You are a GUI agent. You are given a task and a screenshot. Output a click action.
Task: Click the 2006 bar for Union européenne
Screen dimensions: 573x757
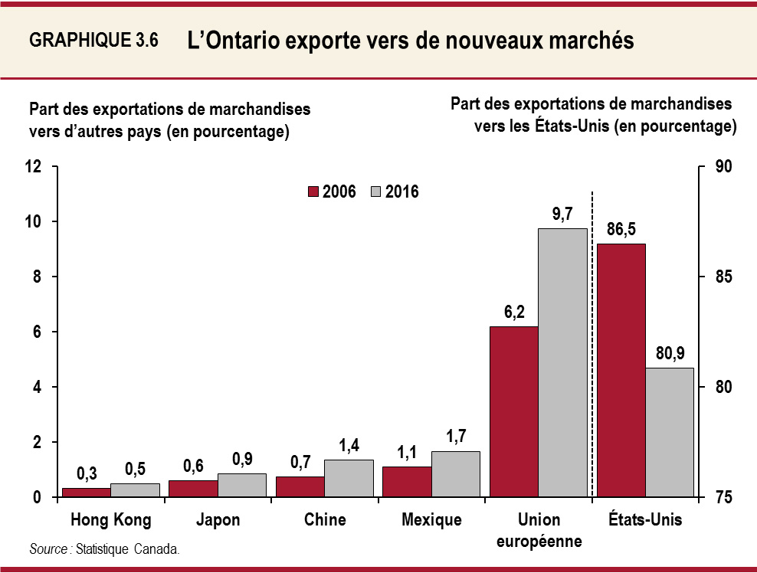(x=513, y=412)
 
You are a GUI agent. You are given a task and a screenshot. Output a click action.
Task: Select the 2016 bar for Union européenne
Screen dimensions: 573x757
(x=562, y=363)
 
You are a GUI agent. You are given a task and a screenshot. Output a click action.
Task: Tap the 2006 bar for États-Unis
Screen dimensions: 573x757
(x=621, y=371)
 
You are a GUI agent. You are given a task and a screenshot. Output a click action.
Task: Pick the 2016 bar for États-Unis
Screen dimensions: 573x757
(x=670, y=433)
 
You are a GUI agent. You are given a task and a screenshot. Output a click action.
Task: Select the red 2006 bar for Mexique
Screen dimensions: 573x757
(x=407, y=482)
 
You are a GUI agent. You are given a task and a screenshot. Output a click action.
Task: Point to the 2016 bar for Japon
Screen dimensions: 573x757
(x=242, y=486)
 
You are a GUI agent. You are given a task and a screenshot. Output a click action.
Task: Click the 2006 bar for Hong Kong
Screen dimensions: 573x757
(x=86, y=493)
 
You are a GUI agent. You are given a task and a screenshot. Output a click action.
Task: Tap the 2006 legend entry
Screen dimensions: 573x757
(x=332, y=192)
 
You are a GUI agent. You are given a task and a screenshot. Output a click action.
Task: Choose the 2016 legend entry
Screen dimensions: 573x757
(x=395, y=192)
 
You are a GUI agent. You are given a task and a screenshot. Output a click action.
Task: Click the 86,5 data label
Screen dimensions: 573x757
(x=621, y=228)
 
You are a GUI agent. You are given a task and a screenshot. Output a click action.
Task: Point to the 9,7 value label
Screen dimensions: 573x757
(x=562, y=214)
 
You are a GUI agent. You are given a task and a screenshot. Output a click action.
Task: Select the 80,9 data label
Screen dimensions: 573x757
(x=670, y=353)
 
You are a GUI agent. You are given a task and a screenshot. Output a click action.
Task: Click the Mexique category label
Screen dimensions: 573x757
(x=431, y=520)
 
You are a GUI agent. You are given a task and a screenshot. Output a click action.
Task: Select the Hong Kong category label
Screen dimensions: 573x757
(x=110, y=520)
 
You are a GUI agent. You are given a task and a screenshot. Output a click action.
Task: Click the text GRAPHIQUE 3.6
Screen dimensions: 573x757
(x=93, y=41)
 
